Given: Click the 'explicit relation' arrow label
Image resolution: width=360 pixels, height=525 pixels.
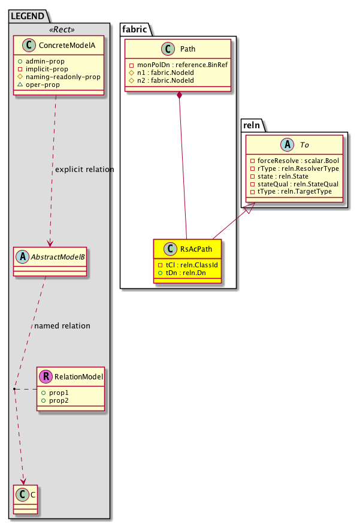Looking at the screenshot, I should (84, 170).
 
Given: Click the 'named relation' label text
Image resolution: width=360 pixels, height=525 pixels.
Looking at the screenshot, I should (62, 326).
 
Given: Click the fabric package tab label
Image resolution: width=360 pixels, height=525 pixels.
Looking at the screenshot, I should (134, 29).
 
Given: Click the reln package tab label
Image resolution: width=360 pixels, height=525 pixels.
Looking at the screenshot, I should (254, 125).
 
